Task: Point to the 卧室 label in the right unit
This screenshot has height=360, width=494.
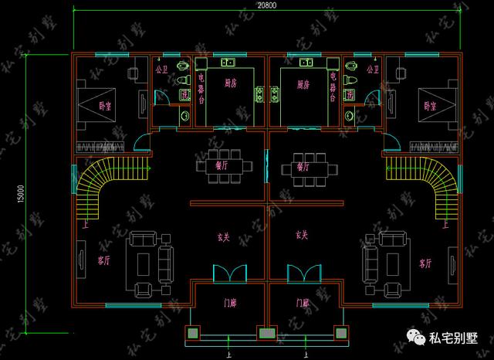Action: pyautogui.click(x=429, y=107)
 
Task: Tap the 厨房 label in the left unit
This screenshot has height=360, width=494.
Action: pyautogui.click(x=229, y=83)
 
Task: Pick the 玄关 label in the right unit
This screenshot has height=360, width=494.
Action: pyautogui.click(x=302, y=235)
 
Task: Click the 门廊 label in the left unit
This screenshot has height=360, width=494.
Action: pyautogui.click(x=229, y=303)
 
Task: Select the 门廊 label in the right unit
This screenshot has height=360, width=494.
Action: pyautogui.click(x=302, y=303)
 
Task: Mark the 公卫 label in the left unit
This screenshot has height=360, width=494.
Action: pyautogui.click(x=161, y=69)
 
